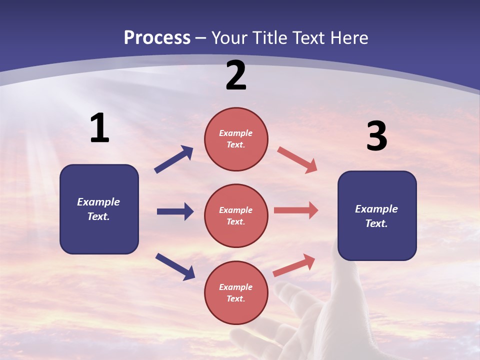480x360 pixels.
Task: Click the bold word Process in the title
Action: pos(157,38)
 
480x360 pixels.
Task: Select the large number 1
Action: pos(99,129)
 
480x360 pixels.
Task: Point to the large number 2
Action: pos(236,75)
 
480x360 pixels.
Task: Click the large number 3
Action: pos(376,136)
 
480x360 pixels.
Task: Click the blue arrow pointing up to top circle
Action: pos(174,159)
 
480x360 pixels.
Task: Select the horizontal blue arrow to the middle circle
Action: pos(175,211)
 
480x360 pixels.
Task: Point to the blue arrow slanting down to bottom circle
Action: pos(175,266)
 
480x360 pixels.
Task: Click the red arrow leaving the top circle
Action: pos(297,159)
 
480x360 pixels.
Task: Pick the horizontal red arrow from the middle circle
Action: pos(296,210)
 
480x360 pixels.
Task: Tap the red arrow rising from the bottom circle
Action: pos(294,265)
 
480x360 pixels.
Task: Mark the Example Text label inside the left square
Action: pos(98,209)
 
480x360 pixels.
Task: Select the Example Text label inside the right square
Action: pos(376,216)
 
